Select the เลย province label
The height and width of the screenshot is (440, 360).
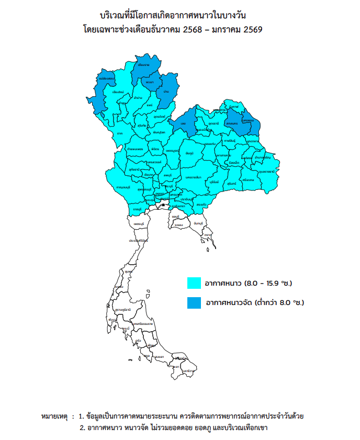coord(183,123)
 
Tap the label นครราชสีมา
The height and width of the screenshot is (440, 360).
coord(193,177)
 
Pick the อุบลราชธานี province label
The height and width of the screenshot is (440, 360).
coord(266,171)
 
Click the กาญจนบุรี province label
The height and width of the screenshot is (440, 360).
coord(123,187)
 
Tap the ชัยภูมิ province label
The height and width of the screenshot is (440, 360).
coord(189,153)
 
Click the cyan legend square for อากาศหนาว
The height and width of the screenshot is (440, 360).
coord(195,283)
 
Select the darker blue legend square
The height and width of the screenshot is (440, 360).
coord(195,302)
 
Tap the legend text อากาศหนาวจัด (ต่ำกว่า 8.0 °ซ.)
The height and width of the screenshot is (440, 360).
coord(255,302)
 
